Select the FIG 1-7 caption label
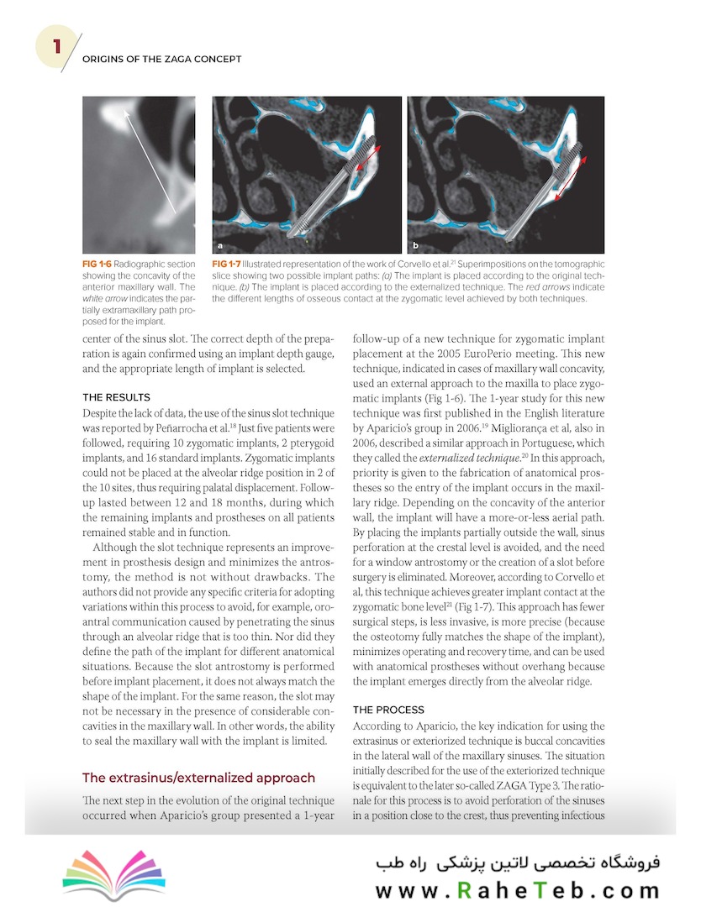pyautogui.click(x=229, y=265)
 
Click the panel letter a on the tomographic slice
pyautogui.click(x=220, y=247)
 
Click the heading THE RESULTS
pyautogui.click(x=117, y=396)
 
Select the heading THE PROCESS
pyautogui.click(x=388, y=709)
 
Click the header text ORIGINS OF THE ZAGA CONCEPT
pyautogui.click(x=161, y=59)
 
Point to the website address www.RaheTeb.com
pyautogui.click(x=518, y=889)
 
